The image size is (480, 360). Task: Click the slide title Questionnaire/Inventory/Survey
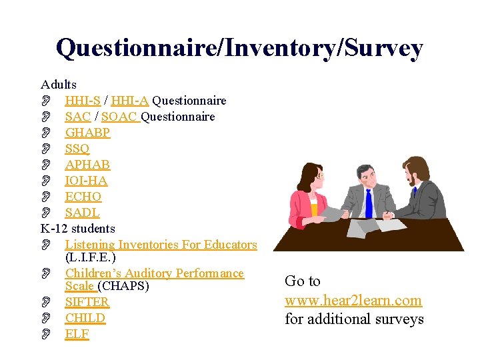point(239,48)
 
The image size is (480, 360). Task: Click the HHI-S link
point(83,101)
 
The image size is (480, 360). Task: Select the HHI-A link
point(131,101)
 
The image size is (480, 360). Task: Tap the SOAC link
point(120,117)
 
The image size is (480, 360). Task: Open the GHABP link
point(87,133)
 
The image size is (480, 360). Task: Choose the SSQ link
point(77,149)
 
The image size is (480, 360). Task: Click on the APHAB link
point(87,165)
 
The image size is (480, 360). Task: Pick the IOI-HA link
point(86,181)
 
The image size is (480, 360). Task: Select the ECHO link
point(83,197)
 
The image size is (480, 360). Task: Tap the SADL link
point(82,213)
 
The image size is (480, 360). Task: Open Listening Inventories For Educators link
point(161,245)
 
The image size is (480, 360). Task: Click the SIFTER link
point(87,302)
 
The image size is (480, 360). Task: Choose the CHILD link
point(85,318)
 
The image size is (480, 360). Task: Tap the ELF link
point(77,334)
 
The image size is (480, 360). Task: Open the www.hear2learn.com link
point(353,301)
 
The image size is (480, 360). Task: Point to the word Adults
point(59,85)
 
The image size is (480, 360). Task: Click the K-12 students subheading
point(78,229)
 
